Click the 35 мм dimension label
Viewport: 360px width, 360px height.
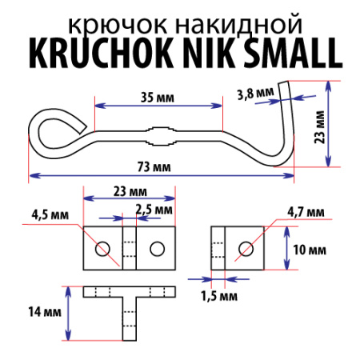pos(157,97)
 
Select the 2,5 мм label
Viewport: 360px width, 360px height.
pos(154,209)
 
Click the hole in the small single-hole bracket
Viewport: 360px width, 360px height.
pos(246,249)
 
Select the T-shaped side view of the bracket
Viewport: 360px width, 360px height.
pos(129,312)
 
